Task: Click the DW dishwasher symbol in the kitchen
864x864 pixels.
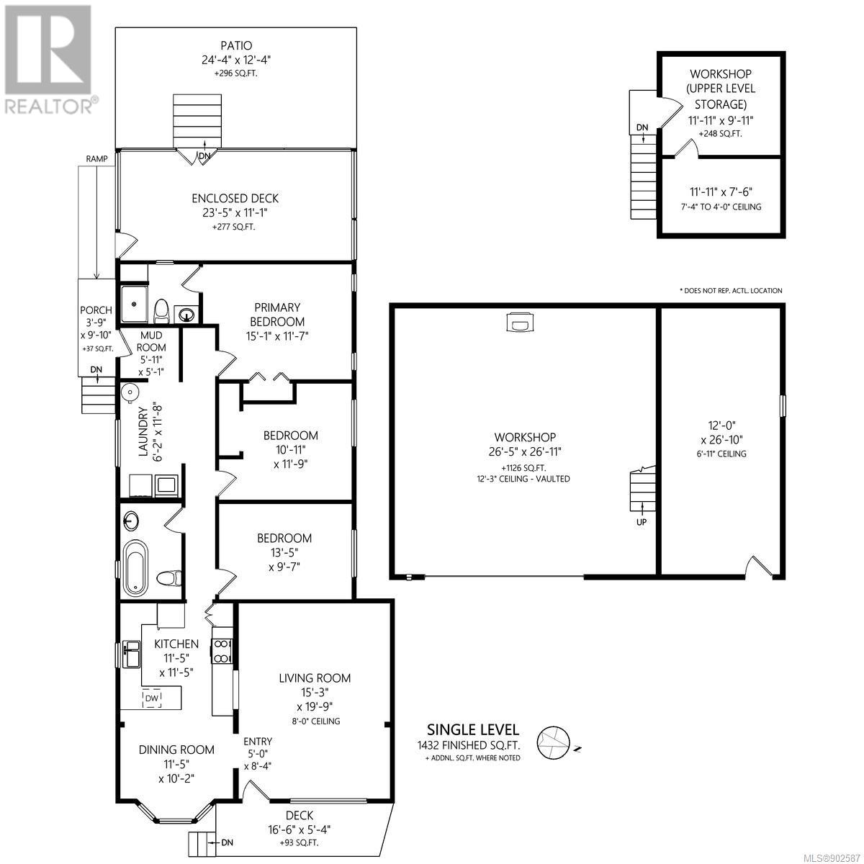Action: [152, 698]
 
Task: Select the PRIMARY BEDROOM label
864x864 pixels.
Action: [277, 315]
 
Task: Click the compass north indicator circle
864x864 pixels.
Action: [554, 742]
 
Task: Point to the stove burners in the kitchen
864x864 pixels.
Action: [221, 651]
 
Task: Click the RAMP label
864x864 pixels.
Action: [97, 158]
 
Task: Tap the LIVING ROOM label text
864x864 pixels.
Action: [315, 678]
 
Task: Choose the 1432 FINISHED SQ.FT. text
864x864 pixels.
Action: [469, 745]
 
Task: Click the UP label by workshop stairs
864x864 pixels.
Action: [642, 522]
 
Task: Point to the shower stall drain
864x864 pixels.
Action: [134, 304]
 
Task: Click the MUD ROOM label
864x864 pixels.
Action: [151, 341]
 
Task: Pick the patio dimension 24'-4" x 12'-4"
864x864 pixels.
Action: [236, 60]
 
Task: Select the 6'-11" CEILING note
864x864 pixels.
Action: [721, 454]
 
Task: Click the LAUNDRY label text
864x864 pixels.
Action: [143, 431]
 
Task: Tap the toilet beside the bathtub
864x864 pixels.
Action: [169, 577]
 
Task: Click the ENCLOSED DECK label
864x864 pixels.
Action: [235, 198]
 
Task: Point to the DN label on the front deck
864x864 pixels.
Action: [227, 842]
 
